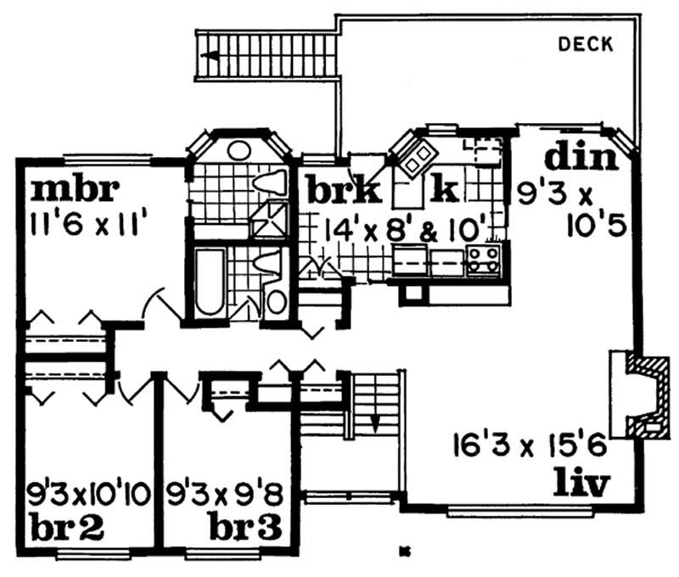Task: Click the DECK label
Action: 585,45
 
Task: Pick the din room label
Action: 578,158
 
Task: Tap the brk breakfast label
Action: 343,189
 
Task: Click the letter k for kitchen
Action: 445,188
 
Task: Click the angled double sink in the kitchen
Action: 414,155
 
